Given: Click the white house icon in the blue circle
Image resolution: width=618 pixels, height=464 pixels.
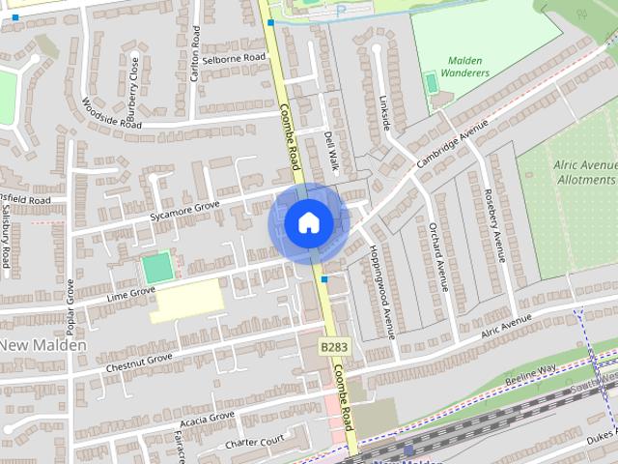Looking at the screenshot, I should point(308,223).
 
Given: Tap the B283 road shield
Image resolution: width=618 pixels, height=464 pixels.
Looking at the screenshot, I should point(334,346).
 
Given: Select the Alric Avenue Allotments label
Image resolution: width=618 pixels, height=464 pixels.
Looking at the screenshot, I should point(585,172).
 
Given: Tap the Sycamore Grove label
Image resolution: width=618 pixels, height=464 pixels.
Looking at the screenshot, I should point(185,211).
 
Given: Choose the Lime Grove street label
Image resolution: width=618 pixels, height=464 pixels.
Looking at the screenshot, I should point(131,292).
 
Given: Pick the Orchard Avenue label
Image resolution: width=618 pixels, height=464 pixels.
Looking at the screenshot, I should point(437,255).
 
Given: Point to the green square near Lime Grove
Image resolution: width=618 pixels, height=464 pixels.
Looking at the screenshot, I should point(157,267).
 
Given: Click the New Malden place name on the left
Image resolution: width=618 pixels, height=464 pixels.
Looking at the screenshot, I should point(43,345).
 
